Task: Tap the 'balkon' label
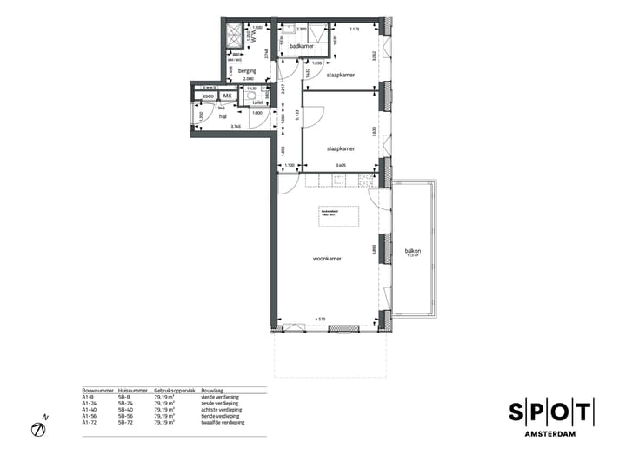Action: point(412,251)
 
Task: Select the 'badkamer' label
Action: point(301,46)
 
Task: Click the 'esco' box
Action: point(208,96)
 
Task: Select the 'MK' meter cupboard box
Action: point(228,96)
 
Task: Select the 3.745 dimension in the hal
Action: point(235,127)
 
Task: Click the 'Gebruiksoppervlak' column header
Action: point(172,392)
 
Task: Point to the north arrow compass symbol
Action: point(39,428)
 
